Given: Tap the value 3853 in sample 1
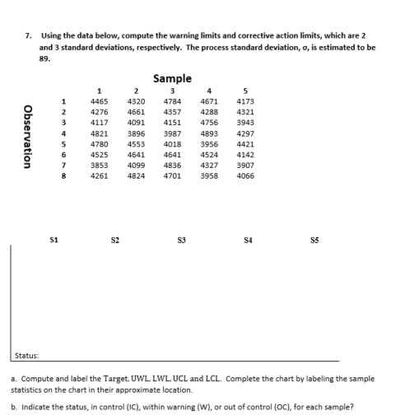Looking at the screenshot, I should tap(99, 164).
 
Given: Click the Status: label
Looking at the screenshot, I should tap(27, 356).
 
